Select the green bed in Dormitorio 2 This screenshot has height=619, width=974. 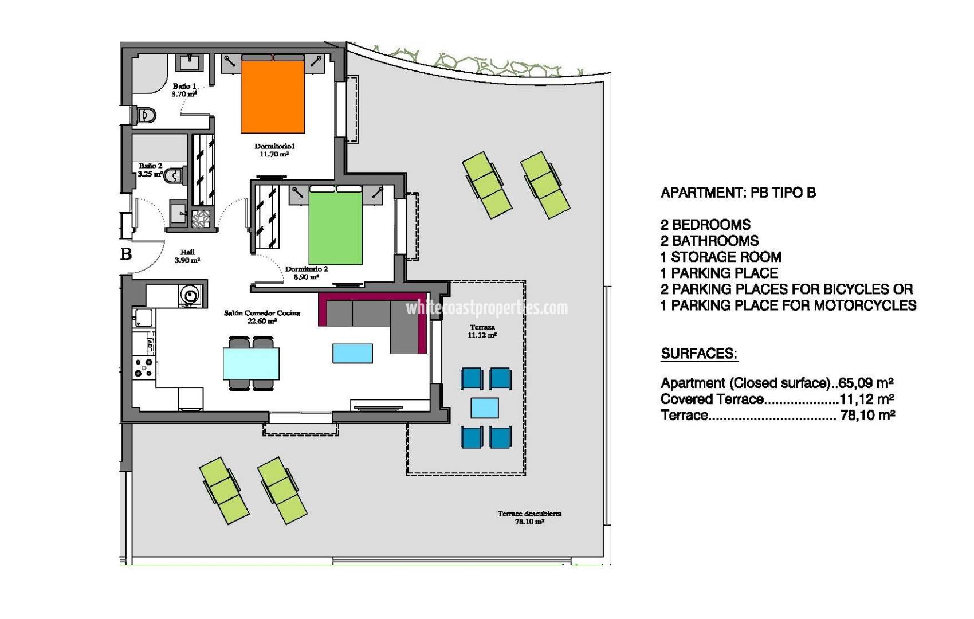336,228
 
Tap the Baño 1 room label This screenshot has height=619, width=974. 184,90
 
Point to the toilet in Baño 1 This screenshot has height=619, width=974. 145,115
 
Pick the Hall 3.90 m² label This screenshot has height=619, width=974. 187,256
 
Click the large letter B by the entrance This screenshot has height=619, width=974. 126,253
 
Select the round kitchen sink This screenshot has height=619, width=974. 190,295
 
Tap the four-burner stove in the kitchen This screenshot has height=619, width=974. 144,367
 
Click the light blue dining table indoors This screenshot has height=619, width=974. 251,363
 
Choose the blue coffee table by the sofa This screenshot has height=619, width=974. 352,353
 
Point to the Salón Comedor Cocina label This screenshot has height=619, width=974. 262,317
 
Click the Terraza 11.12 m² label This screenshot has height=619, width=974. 482,331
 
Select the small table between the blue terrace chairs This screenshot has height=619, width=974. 485,408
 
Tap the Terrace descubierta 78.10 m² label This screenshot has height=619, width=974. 529,518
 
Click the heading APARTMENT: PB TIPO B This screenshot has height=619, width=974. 738,193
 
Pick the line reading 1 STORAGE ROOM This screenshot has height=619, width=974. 721,257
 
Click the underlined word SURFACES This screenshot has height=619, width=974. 699,354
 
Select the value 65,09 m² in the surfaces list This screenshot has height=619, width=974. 866,383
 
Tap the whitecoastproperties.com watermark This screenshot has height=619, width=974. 487,308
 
